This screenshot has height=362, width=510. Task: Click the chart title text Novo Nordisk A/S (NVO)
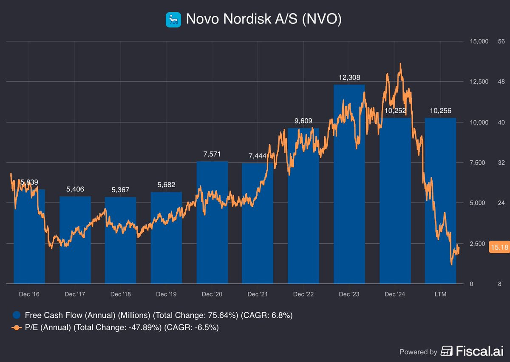tap(263, 20)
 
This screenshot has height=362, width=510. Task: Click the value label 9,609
tap(304, 121)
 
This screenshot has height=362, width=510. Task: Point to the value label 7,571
tap(212, 154)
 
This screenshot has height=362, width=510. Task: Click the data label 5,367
tap(120, 189)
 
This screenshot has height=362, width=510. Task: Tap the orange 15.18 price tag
tap(499, 247)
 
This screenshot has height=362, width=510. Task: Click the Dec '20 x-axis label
tap(212, 294)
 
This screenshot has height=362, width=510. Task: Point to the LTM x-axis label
tap(441, 294)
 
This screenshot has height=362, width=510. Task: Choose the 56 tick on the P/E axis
tap(501, 41)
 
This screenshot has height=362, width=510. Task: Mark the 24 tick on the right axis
tap(501, 203)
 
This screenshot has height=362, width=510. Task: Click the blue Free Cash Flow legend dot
tap(16, 315)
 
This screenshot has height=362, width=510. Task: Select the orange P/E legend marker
tap(16, 328)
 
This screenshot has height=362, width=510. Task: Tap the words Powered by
tap(418, 352)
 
